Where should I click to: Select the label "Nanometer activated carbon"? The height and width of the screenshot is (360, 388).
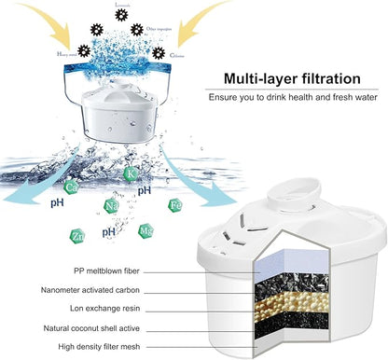click(122, 289)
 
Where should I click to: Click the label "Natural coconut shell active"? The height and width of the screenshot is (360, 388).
click(124, 327)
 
